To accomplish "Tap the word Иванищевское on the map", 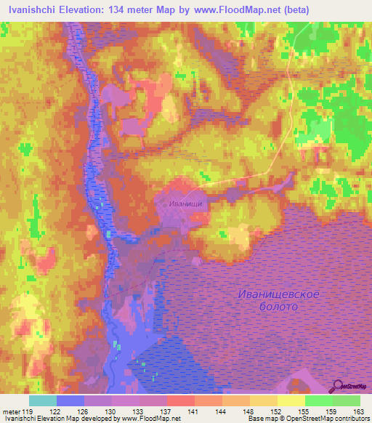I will point(279,294).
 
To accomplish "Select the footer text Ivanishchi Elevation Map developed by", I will point(60,419).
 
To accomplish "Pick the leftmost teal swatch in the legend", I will point(43,400).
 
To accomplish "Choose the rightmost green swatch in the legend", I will point(347,400).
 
